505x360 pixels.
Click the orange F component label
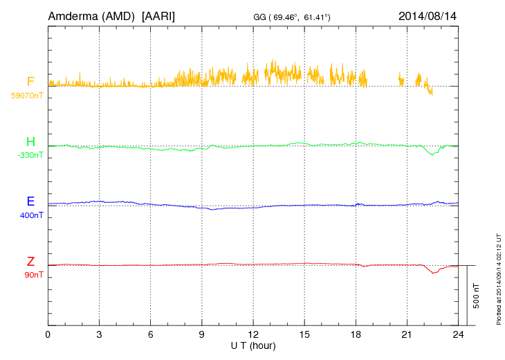pyautogui.click(x=30, y=81)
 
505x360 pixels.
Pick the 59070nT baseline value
pyautogui.click(x=27, y=95)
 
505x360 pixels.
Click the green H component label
pyautogui.click(x=30, y=142)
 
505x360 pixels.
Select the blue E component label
pyautogui.click(x=30, y=201)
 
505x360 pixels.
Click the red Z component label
pyautogui.click(x=30, y=262)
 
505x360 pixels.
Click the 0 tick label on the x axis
pyautogui.click(x=48, y=334)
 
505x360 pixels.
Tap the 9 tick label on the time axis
pyautogui.click(x=202, y=334)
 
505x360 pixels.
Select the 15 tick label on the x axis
pyautogui.click(x=304, y=334)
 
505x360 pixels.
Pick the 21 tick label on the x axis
pyautogui.click(x=407, y=334)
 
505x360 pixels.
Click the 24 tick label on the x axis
pyautogui.click(x=459, y=334)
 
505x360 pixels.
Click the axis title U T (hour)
pyautogui.click(x=253, y=345)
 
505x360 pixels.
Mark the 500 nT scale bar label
pyautogui.click(x=476, y=296)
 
